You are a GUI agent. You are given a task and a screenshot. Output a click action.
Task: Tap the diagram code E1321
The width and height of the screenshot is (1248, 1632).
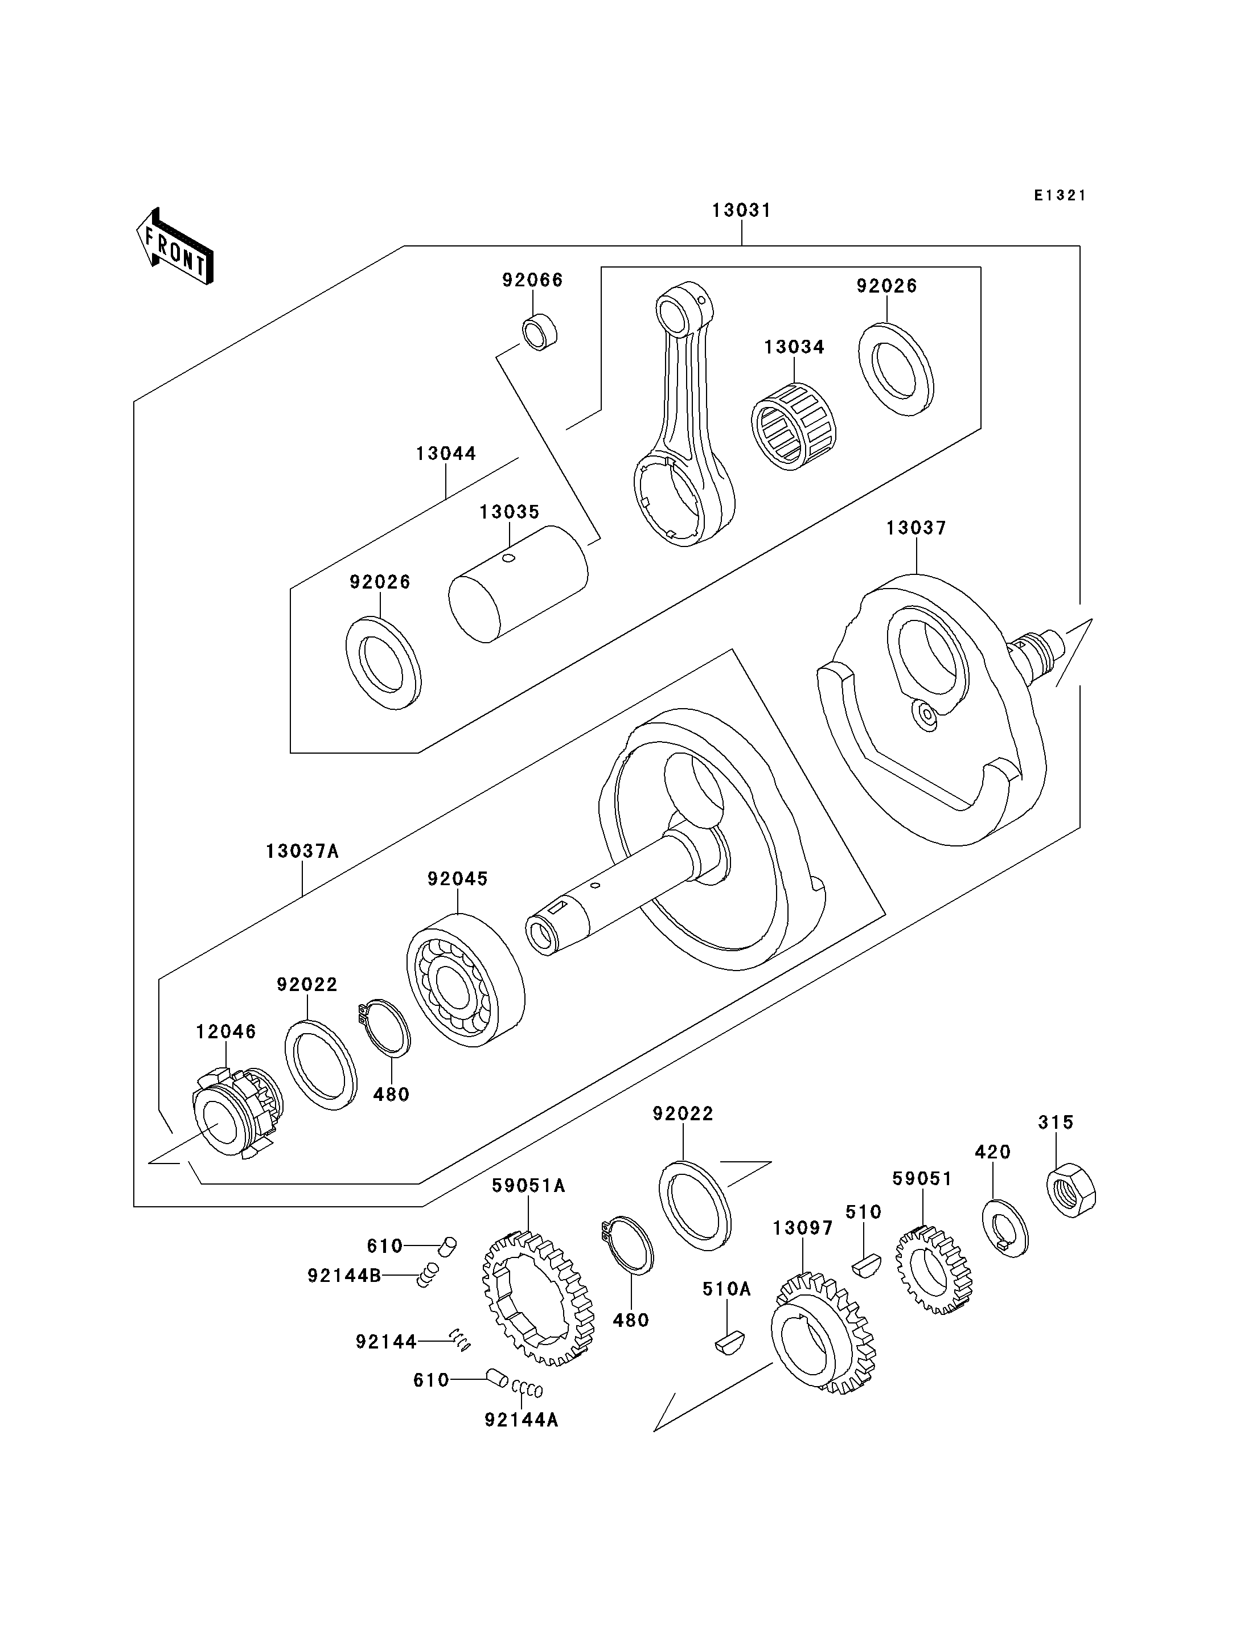pos(1060,195)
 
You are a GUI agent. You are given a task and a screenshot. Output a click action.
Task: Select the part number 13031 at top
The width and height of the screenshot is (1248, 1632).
pos(741,210)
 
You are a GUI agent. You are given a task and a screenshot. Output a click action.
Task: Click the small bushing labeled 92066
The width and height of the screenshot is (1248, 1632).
pos(540,333)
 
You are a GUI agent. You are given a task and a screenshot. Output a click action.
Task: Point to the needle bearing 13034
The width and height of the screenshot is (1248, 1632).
pos(793,426)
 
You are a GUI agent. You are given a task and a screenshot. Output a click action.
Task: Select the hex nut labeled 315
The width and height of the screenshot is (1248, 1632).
pos(1071,1191)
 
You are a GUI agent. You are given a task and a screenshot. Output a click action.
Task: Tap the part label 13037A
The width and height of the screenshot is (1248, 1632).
pos(302,851)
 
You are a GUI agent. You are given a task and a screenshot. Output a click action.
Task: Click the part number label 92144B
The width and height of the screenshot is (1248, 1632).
pos(344,1276)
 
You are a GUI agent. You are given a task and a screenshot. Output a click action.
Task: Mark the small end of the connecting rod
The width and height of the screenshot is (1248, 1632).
pos(683,309)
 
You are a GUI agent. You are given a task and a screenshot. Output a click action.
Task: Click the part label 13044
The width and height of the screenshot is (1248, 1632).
pos(446,453)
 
